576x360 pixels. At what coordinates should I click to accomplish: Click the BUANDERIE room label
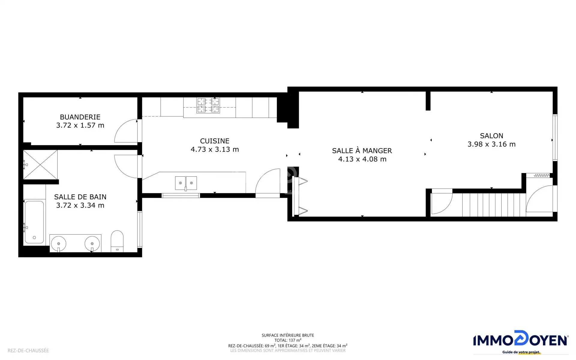pyautogui.click(x=80, y=117)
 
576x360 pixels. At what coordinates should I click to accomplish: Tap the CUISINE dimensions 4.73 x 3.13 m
pyautogui.click(x=215, y=149)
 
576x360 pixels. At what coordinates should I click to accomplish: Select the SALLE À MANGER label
pyautogui.click(x=362, y=151)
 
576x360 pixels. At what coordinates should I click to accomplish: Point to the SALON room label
pyautogui.click(x=491, y=136)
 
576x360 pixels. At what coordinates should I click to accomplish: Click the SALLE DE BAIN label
pyautogui.click(x=80, y=197)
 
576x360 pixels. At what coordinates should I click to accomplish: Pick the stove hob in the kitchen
pyautogui.click(x=208, y=105)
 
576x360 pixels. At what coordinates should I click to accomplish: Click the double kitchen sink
pyautogui.click(x=186, y=183)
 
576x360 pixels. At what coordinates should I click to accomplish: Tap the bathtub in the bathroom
pyautogui.click(x=34, y=222)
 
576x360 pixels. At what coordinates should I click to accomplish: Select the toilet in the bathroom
pyautogui.click(x=117, y=241)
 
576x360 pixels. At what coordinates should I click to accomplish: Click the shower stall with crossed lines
pyautogui.click(x=40, y=165)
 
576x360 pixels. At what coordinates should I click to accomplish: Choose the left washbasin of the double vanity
pyautogui.click(x=59, y=244)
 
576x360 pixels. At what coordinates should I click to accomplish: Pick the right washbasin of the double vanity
pyautogui.click(x=92, y=244)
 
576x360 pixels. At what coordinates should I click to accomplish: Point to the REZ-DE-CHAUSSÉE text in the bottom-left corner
pyautogui.click(x=28, y=350)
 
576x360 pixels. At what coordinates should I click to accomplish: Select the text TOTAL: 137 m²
pyautogui.click(x=288, y=340)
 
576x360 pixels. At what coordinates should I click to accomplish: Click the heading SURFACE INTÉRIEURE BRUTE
pyautogui.click(x=288, y=335)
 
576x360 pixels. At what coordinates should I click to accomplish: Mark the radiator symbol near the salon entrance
pyautogui.click(x=542, y=175)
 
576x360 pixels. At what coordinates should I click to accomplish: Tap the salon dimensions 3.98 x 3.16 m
pyautogui.click(x=491, y=144)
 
